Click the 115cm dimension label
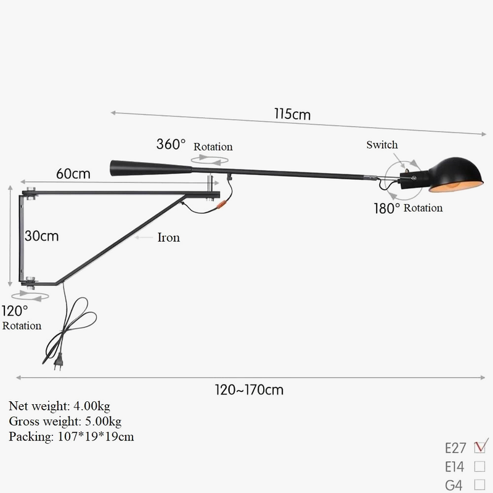(x=293, y=114)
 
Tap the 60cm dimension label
(x=73, y=174)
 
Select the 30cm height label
(x=42, y=235)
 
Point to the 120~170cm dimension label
(x=249, y=389)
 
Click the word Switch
(x=382, y=145)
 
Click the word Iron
(x=168, y=237)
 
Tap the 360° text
(x=171, y=145)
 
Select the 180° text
(x=386, y=208)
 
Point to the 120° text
(x=15, y=311)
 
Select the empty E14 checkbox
(x=479, y=467)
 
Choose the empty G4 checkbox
(x=479, y=485)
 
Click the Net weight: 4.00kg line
(x=60, y=406)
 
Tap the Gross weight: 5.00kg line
(x=65, y=422)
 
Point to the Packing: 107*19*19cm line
(x=71, y=437)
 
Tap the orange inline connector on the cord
(x=221, y=202)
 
